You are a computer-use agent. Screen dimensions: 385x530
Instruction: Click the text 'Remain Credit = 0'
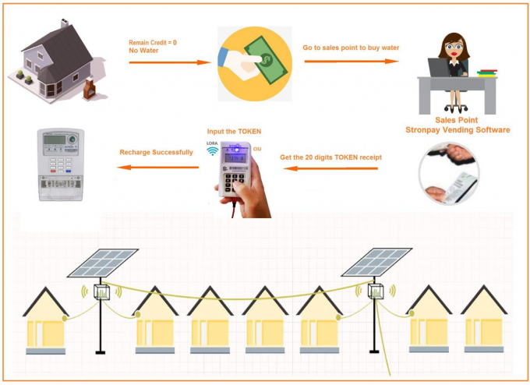pyautogui.click(x=153, y=42)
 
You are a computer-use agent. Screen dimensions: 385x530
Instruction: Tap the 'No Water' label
pyautogui.click(x=144, y=51)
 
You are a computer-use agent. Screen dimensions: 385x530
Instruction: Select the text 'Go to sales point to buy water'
pyautogui.click(x=351, y=48)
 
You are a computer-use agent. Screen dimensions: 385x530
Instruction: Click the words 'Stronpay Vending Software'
pyautogui.click(x=458, y=130)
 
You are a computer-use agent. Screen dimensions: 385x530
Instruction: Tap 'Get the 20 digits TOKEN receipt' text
pyautogui.click(x=331, y=157)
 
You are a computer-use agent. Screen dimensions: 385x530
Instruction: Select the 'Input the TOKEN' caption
pyautogui.click(x=234, y=131)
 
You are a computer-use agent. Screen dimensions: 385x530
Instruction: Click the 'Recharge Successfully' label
pyautogui.click(x=156, y=152)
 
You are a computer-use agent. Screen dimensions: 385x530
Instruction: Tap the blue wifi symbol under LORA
pyautogui.click(x=213, y=153)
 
